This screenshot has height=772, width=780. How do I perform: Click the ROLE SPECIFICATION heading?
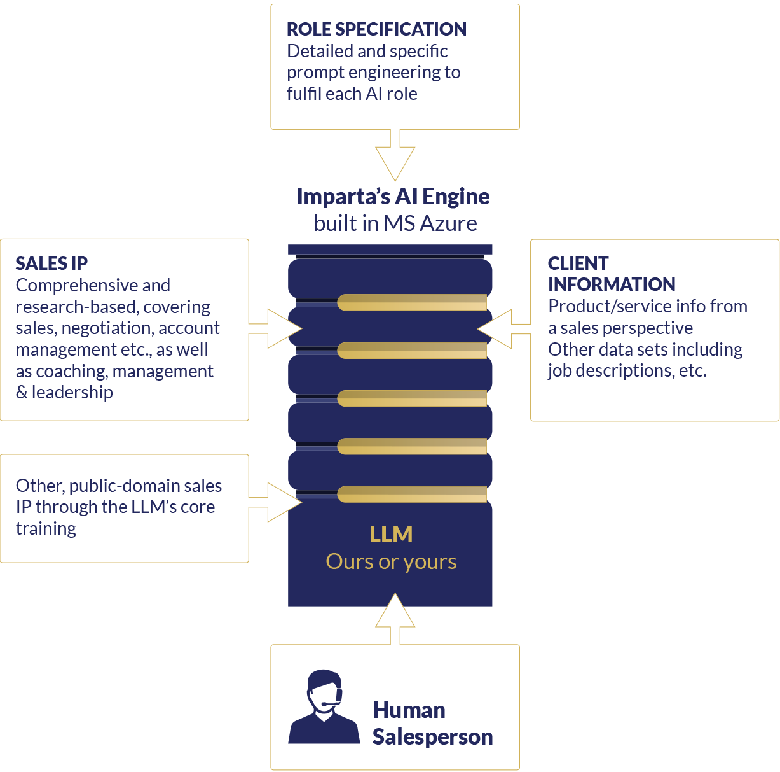pyautogui.click(x=376, y=29)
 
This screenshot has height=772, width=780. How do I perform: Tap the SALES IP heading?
pyautogui.click(x=51, y=263)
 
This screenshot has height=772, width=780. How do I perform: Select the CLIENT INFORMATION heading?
pyautogui.click(x=611, y=274)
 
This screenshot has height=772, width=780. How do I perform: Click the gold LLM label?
pyautogui.click(x=391, y=534)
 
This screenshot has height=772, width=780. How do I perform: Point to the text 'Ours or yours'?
pyautogui.click(x=391, y=562)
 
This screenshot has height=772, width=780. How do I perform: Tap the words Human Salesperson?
pyautogui.click(x=432, y=723)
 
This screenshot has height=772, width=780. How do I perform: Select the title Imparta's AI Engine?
pyautogui.click(x=393, y=197)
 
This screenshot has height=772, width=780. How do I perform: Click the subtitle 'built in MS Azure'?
pyautogui.click(x=395, y=223)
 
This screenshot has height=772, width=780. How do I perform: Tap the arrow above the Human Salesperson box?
pyautogui.click(x=395, y=617)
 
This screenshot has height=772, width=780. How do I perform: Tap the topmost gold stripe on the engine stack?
pyautogui.click(x=412, y=302)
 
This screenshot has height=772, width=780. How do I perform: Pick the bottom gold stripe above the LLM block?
pyautogui.click(x=412, y=494)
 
